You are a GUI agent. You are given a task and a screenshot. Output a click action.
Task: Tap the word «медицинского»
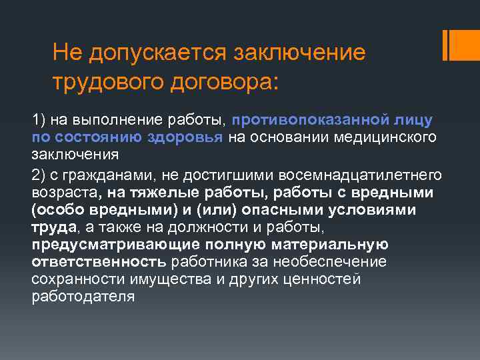(393, 137)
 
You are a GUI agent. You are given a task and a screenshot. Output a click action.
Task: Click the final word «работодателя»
(83, 296)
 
